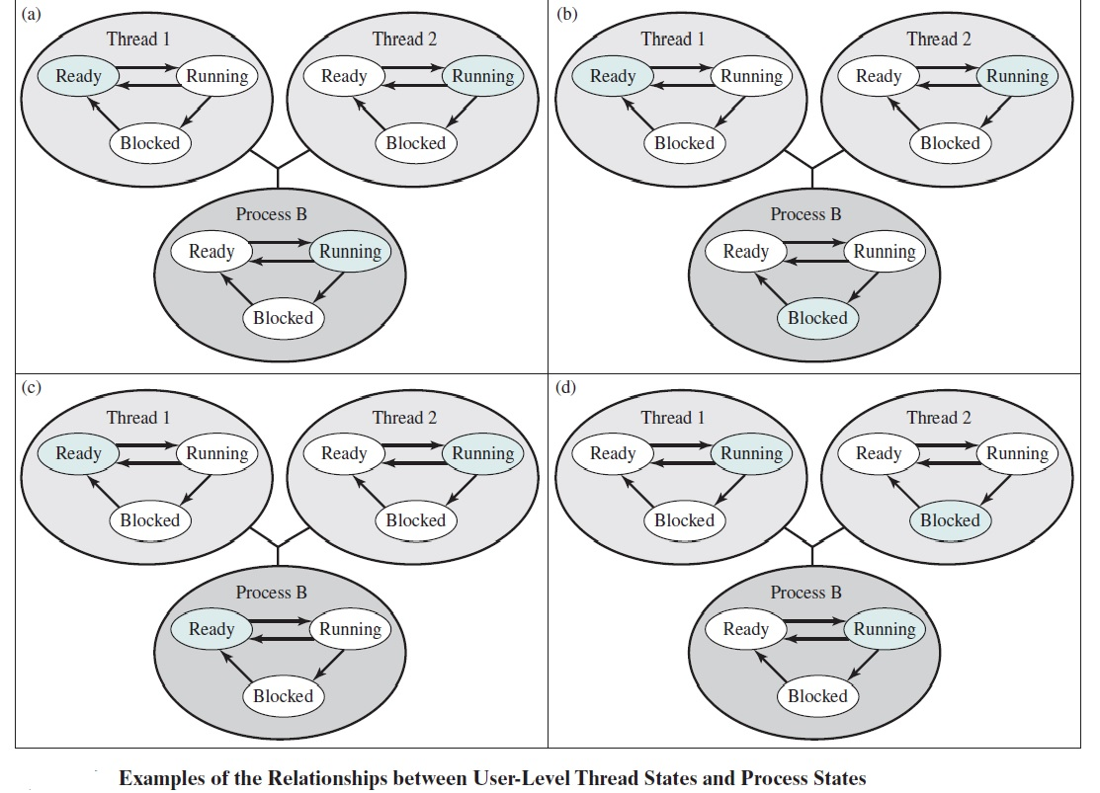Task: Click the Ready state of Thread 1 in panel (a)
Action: pyautogui.click(x=78, y=76)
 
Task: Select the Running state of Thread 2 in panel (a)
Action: pyautogui.click(x=482, y=76)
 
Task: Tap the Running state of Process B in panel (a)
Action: pyautogui.click(x=350, y=251)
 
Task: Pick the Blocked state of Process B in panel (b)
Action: pyautogui.click(x=817, y=318)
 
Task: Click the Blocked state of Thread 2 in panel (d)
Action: pyautogui.click(x=950, y=520)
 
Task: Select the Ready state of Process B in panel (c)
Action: pyautogui.click(x=212, y=629)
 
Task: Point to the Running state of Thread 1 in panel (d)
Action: pyautogui.click(x=751, y=453)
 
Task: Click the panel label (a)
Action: pyautogui.click(x=33, y=13)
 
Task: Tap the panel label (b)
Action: pyautogui.click(x=567, y=13)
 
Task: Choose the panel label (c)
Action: pyautogui.click(x=33, y=386)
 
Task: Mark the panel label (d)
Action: pyautogui.click(x=567, y=386)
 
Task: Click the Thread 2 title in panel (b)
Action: pyautogui.click(x=939, y=40)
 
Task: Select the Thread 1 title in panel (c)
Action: pyautogui.click(x=138, y=418)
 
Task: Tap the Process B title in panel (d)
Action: pyautogui.click(x=805, y=593)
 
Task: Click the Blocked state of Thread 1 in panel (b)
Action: pyautogui.click(x=684, y=143)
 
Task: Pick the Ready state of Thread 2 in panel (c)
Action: pyautogui.click(x=344, y=453)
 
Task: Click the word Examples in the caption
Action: pyautogui.click(x=162, y=778)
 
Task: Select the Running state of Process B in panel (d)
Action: pyautogui.click(x=885, y=629)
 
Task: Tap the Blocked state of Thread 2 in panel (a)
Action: pyautogui.click(x=415, y=143)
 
